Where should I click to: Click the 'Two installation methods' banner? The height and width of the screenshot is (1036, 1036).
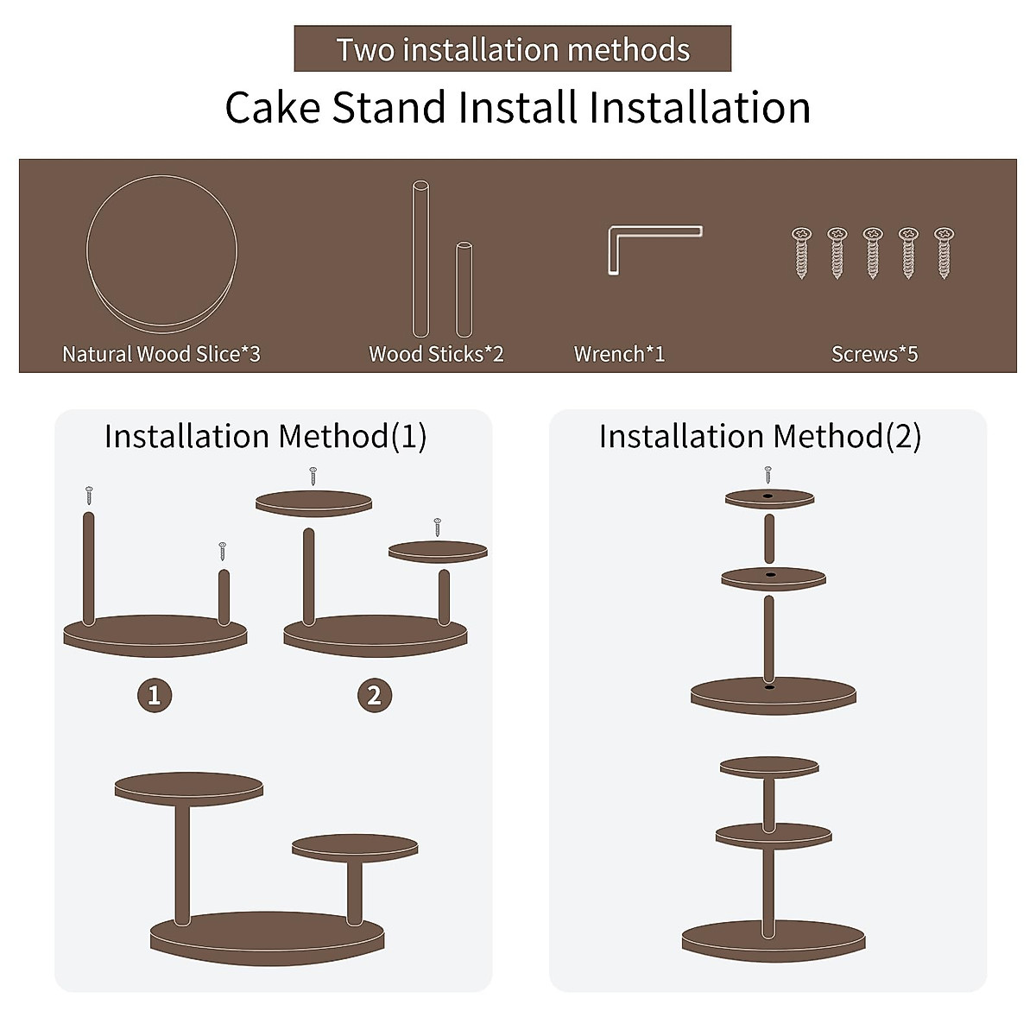pyautogui.click(x=513, y=49)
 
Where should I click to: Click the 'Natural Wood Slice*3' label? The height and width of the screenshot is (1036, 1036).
pyautogui.click(x=161, y=354)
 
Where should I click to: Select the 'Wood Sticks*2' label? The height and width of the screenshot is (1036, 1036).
pyautogui.click(x=436, y=354)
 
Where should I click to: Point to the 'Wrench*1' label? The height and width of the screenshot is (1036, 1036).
pyautogui.click(x=619, y=354)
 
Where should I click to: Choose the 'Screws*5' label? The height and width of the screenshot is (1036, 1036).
pyautogui.click(x=875, y=354)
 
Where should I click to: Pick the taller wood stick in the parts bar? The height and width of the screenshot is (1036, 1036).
pyautogui.click(x=420, y=259)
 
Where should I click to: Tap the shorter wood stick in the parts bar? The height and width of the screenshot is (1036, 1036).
pyautogui.click(x=464, y=289)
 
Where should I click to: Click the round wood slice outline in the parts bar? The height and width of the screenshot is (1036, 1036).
pyautogui.click(x=161, y=253)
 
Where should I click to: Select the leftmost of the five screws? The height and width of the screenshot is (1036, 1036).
pyautogui.click(x=802, y=252)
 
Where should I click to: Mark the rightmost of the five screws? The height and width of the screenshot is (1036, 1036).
pyautogui.click(x=944, y=252)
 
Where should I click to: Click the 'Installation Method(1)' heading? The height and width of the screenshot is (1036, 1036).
pyautogui.click(x=265, y=437)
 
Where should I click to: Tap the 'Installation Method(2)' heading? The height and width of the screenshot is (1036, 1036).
pyautogui.click(x=760, y=437)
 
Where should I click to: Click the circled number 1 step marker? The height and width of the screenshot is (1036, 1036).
pyautogui.click(x=155, y=695)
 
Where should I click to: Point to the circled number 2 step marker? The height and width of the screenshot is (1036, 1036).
pyautogui.click(x=375, y=695)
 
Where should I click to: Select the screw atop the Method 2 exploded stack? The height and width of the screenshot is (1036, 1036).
pyautogui.click(x=768, y=474)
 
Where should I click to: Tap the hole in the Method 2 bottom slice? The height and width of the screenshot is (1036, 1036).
pyautogui.click(x=769, y=687)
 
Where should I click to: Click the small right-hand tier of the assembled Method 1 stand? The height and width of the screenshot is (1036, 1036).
pyautogui.click(x=355, y=847)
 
